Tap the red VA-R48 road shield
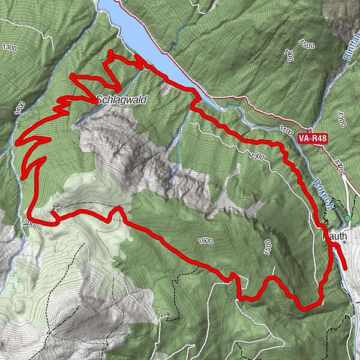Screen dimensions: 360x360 (311, 137)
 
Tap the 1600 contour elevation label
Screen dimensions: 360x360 (205, 241)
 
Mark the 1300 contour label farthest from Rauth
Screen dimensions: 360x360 (9, 47)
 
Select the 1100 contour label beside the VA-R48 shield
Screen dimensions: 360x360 (285, 130)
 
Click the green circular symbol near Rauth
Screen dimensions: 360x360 (347, 218)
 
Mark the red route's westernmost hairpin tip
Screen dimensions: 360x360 (16, 142)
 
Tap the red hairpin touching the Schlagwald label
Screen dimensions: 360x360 (95, 101)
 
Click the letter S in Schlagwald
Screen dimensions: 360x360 (100, 99)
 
